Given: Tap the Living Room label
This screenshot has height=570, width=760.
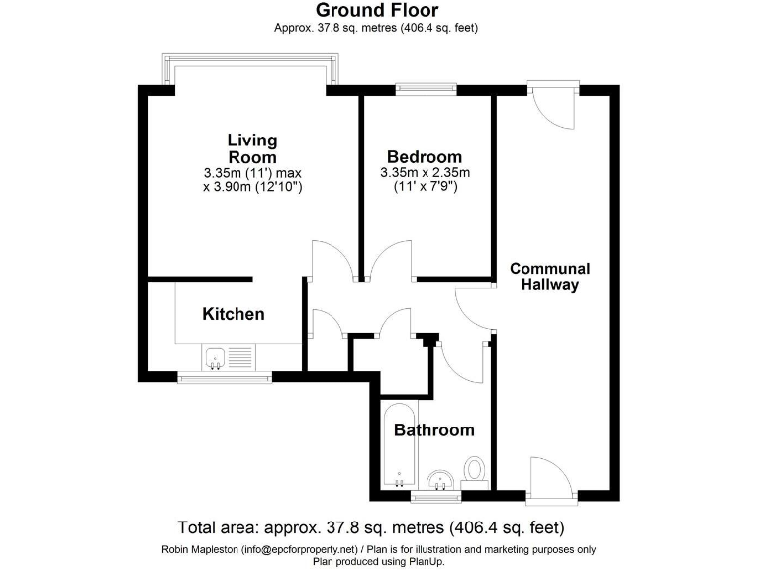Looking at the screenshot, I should coord(252,148).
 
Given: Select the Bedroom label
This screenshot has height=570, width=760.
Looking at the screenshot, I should coord(424,157).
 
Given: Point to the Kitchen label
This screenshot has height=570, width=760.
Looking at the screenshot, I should coord(234,314).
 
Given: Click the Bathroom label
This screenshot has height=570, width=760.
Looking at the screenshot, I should coord(433,430).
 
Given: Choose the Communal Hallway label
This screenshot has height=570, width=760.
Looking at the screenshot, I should coord(549,276).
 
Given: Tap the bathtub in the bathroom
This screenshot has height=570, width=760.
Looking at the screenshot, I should coord(396,445).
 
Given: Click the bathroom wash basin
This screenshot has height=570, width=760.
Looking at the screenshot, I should coord(439,480).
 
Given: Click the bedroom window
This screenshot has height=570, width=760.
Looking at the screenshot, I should coord(426,88).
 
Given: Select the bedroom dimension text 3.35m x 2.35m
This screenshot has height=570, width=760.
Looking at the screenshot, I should coord(424,173).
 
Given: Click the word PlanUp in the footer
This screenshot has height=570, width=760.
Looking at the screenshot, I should coord(428,561).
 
